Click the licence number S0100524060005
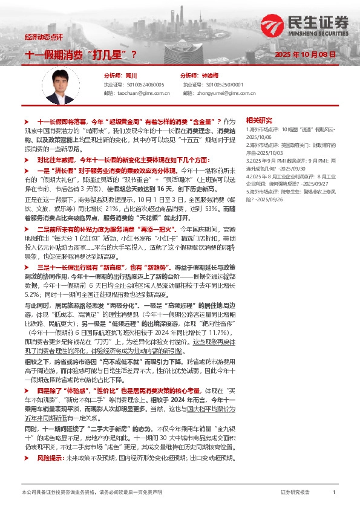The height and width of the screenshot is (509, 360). (143, 85)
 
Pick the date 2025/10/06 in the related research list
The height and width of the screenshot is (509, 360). (258, 136)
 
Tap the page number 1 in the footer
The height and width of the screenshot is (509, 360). (333, 493)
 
